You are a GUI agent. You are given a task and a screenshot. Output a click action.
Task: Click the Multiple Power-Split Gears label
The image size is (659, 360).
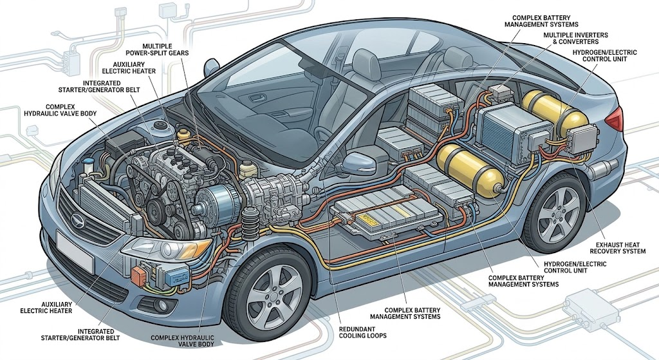point(158,50)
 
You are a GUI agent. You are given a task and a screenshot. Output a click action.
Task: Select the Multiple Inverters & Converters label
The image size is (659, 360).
point(575,38)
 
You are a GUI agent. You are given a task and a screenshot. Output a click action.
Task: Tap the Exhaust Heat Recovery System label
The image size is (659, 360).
point(617,248)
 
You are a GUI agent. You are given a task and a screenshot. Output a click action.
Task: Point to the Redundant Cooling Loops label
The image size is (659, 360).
point(362,332)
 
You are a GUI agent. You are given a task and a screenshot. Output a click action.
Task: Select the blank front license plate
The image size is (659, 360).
point(74,250)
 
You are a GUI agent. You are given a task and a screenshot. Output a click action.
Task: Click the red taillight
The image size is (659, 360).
point(615,118)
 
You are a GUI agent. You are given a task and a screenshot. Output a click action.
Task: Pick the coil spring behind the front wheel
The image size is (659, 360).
point(249,221)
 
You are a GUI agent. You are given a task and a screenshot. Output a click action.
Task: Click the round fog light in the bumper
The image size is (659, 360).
point(160,306)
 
